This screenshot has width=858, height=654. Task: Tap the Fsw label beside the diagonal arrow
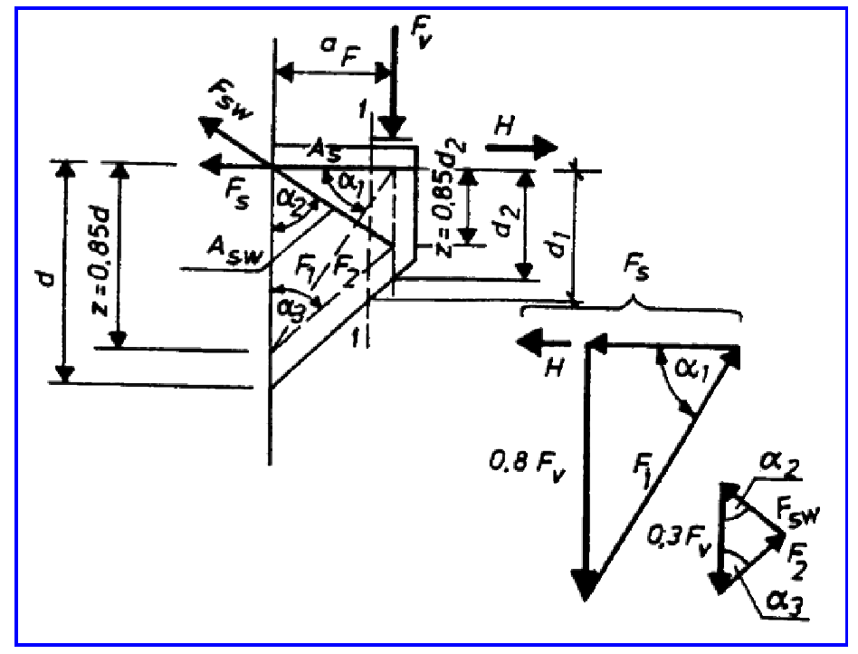pyautogui.click(x=231, y=100)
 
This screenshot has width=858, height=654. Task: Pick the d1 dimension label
pyautogui.click(x=558, y=242)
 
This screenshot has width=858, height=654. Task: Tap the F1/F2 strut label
pyautogui.click(x=327, y=268)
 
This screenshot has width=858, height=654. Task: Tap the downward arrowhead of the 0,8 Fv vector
pyautogui.click(x=586, y=582)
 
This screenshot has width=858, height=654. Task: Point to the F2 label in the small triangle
pyautogui.click(x=796, y=562)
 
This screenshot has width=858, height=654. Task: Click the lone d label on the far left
pyautogui.click(x=49, y=278)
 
